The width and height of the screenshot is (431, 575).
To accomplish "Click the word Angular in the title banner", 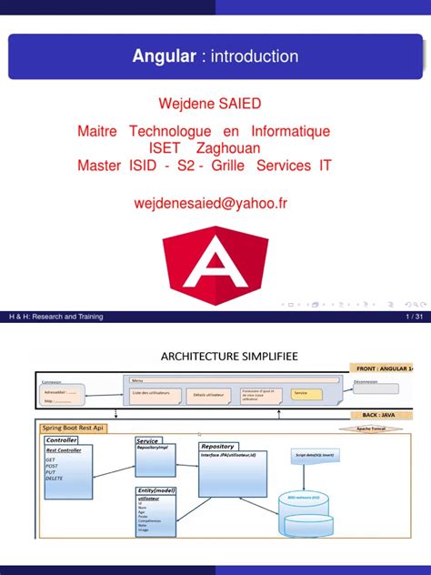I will pyautogui.click(x=164, y=56).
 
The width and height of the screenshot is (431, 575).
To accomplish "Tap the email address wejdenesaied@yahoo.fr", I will pyautogui.click(x=215, y=206).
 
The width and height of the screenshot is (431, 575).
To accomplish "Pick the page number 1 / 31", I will pyautogui.click(x=412, y=317).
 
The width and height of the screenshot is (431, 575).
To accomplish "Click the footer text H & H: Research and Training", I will pyautogui.click(x=53, y=317).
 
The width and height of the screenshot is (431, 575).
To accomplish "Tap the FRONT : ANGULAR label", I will pyautogui.click(x=379, y=368).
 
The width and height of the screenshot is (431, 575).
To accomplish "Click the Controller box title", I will pyautogui.click(x=62, y=439).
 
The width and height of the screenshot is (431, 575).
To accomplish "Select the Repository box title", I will pyautogui.click(x=218, y=446).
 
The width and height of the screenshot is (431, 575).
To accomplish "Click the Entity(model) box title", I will pyautogui.click(x=155, y=491).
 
